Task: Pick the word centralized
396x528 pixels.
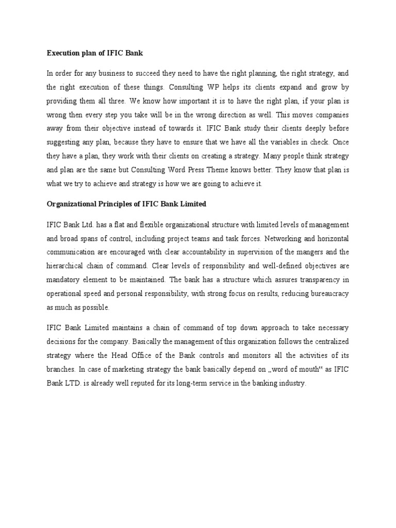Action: (x=326, y=341)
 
